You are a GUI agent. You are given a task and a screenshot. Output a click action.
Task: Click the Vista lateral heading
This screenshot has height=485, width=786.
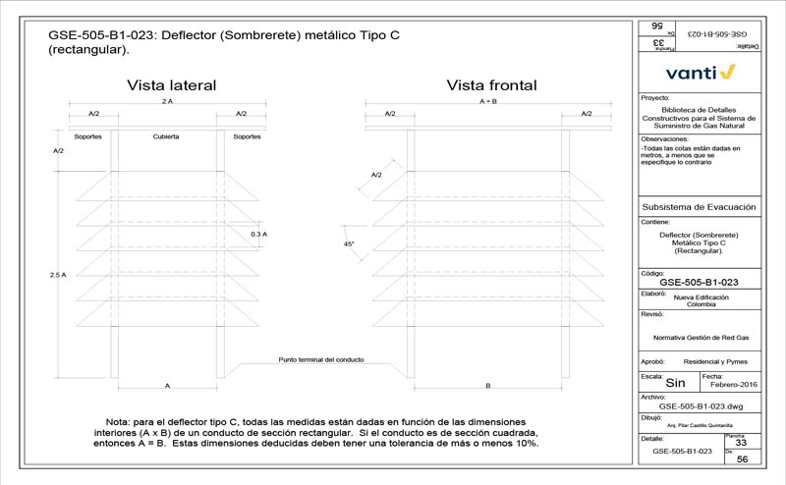[171, 85]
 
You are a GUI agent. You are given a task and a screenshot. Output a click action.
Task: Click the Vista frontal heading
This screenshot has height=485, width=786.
[492, 85]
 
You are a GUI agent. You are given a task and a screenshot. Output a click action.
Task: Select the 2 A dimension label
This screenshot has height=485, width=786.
[167, 101]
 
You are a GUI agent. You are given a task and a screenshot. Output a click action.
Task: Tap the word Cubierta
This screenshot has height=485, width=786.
[165, 135]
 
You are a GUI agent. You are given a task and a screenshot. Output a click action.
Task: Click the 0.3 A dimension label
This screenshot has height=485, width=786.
[259, 235]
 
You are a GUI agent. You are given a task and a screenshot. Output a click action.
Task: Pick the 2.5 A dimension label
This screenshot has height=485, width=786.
[57, 276]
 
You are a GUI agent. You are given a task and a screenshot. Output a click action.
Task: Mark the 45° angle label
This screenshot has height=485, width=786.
[349, 242]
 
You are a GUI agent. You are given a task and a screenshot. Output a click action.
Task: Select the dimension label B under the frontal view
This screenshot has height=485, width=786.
[487, 386]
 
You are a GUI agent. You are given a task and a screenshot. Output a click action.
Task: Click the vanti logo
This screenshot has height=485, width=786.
[700, 72]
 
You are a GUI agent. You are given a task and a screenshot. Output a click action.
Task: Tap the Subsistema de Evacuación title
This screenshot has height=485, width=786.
[698, 207]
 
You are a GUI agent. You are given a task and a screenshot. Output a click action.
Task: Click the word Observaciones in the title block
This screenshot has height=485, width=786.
[664, 139]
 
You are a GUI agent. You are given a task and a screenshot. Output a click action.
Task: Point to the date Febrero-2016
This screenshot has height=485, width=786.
[729, 384]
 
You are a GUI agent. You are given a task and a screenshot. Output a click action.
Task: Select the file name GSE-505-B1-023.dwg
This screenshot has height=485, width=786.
[700, 404]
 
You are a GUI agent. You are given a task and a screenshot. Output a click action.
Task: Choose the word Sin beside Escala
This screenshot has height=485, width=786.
[676, 383]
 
